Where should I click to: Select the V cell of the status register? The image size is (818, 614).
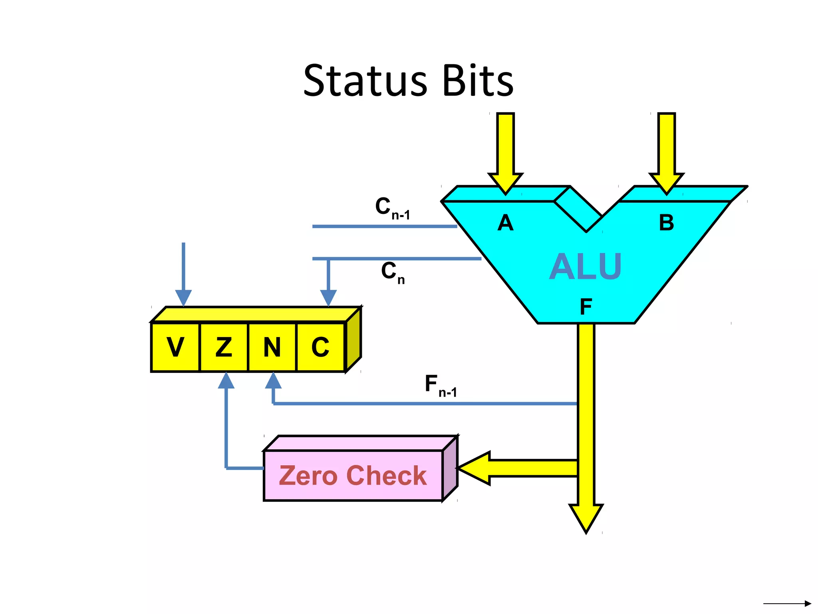(175, 347)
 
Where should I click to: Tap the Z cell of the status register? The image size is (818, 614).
(224, 347)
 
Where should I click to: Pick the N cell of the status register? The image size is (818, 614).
(272, 347)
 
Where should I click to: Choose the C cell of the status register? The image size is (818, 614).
(320, 347)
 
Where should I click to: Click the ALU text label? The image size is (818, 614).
(586, 267)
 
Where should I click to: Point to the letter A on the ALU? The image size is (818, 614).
(505, 223)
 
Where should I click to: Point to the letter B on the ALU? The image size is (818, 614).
(666, 223)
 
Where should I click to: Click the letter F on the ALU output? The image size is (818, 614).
(586, 307)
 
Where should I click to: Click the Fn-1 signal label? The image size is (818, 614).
(440, 386)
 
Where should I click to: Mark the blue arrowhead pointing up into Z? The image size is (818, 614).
(226, 381)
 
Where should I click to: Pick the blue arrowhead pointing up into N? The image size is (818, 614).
(273, 381)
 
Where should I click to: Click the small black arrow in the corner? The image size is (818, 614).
(787, 604)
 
